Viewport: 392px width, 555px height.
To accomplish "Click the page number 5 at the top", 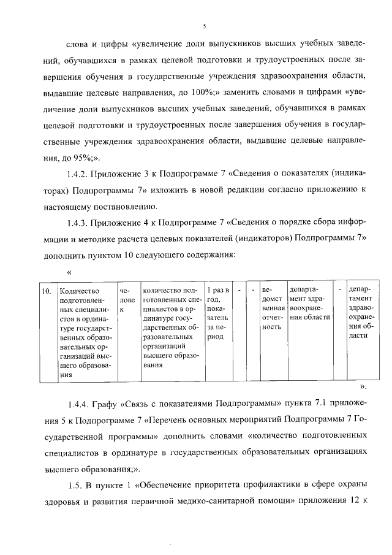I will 205,25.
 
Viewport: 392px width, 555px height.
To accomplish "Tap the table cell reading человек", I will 127,300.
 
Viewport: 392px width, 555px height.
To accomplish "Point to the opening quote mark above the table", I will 69,271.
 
